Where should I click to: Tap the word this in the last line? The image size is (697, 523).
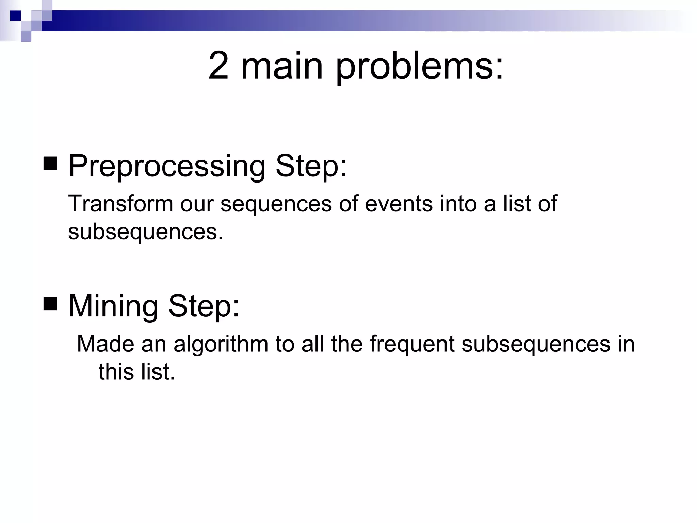(116, 372)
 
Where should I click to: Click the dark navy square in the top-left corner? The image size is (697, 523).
(15, 15)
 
